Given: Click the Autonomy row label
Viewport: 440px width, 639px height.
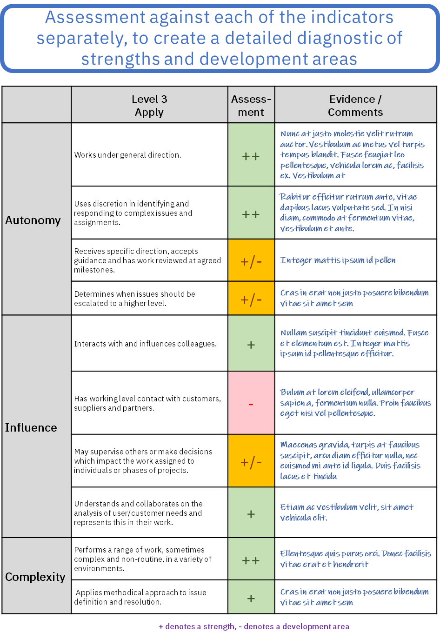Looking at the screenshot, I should (x=33, y=220).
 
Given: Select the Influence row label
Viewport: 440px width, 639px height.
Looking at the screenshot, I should (x=31, y=427).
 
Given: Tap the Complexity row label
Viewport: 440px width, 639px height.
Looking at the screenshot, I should (x=35, y=577).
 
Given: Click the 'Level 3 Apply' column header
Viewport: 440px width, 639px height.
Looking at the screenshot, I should (x=149, y=106).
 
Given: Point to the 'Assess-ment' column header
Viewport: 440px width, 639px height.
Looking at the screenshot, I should (x=251, y=106).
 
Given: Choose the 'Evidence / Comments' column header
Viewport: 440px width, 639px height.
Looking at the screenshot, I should (x=355, y=106).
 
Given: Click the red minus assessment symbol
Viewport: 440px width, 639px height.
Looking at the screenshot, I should (x=251, y=404).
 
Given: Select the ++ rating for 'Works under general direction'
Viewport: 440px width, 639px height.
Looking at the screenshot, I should (x=251, y=156).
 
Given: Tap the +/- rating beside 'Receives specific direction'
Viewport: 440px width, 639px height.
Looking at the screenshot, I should (x=251, y=261).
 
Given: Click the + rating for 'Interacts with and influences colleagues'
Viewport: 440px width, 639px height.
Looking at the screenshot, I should (x=251, y=345).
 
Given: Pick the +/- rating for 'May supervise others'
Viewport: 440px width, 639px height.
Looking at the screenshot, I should (x=251, y=462).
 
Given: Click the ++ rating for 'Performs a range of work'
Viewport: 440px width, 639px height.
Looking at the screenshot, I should (x=251, y=560).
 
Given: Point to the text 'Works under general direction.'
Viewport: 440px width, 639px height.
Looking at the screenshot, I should (x=128, y=155).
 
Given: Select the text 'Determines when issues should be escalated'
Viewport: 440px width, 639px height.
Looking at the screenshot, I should (x=135, y=299).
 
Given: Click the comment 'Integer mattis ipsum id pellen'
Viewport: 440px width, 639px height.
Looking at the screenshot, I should (x=338, y=260).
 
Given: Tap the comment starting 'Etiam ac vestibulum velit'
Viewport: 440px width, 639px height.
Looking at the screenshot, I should (x=347, y=512).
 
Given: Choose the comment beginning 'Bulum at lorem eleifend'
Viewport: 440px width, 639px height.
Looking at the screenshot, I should (x=355, y=402).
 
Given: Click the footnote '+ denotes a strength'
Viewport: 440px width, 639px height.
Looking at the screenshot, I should (x=254, y=626).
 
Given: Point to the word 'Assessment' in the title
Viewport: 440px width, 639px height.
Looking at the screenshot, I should (x=95, y=18).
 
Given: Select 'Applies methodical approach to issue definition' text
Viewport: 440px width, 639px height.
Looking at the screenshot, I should (x=140, y=597).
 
